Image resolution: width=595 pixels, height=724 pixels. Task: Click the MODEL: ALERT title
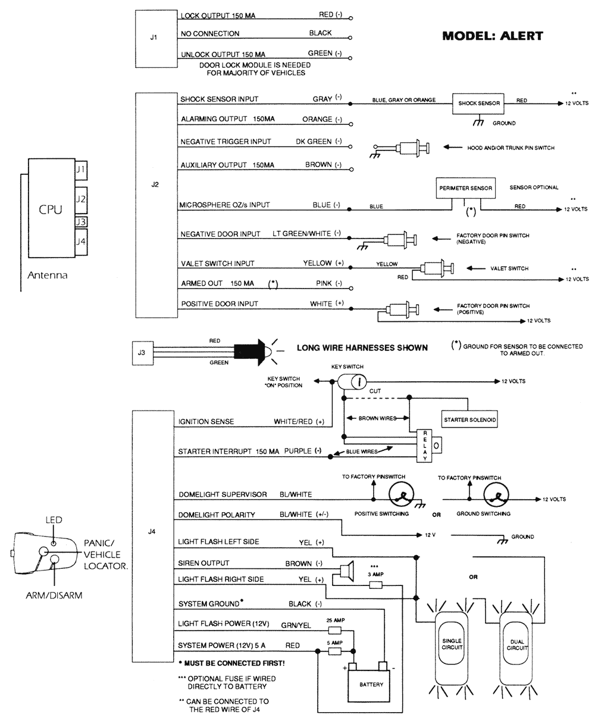pos(493,36)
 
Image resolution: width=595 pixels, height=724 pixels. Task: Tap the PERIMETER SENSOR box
pos(465,188)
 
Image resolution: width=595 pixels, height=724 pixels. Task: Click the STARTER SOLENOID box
pos(470,419)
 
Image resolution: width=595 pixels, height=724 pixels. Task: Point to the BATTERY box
pos(371,684)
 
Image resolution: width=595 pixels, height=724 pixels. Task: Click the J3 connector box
pos(141,353)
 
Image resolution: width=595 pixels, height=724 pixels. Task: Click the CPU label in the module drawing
pos(50,209)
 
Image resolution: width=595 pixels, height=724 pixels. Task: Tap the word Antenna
pos(48,275)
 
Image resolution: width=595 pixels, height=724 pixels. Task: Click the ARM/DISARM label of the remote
pos(54,595)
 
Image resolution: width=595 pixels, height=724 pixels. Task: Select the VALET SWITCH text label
pos(509,268)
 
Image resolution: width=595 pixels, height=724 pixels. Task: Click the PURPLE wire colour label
pos(297,451)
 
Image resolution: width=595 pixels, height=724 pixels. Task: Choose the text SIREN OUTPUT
pos(203,563)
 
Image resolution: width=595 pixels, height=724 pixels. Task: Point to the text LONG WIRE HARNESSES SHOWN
pos(362,347)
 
